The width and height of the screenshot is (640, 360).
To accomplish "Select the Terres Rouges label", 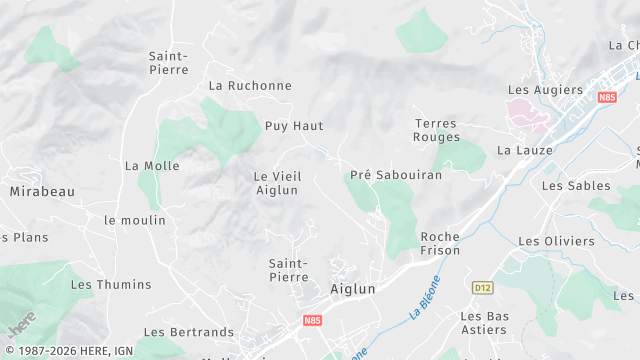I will click(437, 130).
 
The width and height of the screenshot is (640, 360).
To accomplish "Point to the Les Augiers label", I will click(545, 90).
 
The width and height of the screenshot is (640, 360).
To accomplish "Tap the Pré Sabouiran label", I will click(395, 175).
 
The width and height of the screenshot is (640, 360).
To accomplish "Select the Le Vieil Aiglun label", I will click(277, 183).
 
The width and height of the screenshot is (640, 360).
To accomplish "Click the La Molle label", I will click(152, 166).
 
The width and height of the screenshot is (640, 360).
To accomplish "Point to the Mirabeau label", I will click(42, 191).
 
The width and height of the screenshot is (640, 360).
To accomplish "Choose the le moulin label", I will click(135, 220).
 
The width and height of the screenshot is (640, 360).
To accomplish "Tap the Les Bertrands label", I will click(189, 332).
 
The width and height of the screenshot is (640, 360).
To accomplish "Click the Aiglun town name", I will click(353, 289).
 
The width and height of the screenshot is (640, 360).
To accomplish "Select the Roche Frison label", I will click(441, 244).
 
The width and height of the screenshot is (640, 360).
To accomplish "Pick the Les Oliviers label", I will click(556, 241).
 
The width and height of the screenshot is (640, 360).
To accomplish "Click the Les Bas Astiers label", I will click(484, 323).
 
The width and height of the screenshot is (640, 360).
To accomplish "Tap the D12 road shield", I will click(483, 288).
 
